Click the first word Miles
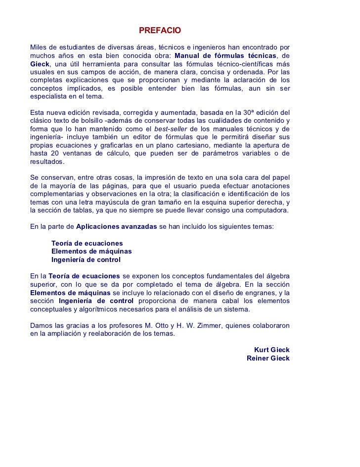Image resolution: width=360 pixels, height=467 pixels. pos(39,47)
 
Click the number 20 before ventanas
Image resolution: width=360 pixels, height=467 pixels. pos(55,154)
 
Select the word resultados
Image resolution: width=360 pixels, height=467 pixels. pos(47,162)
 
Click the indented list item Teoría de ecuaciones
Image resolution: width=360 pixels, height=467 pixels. pos(87,243)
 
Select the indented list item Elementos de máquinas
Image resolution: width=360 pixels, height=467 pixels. pos(91,251)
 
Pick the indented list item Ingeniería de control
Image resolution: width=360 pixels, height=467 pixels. pos(86,259)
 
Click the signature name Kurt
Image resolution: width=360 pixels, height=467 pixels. pos(262,350)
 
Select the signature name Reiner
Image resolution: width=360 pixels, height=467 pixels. pos(258,358)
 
